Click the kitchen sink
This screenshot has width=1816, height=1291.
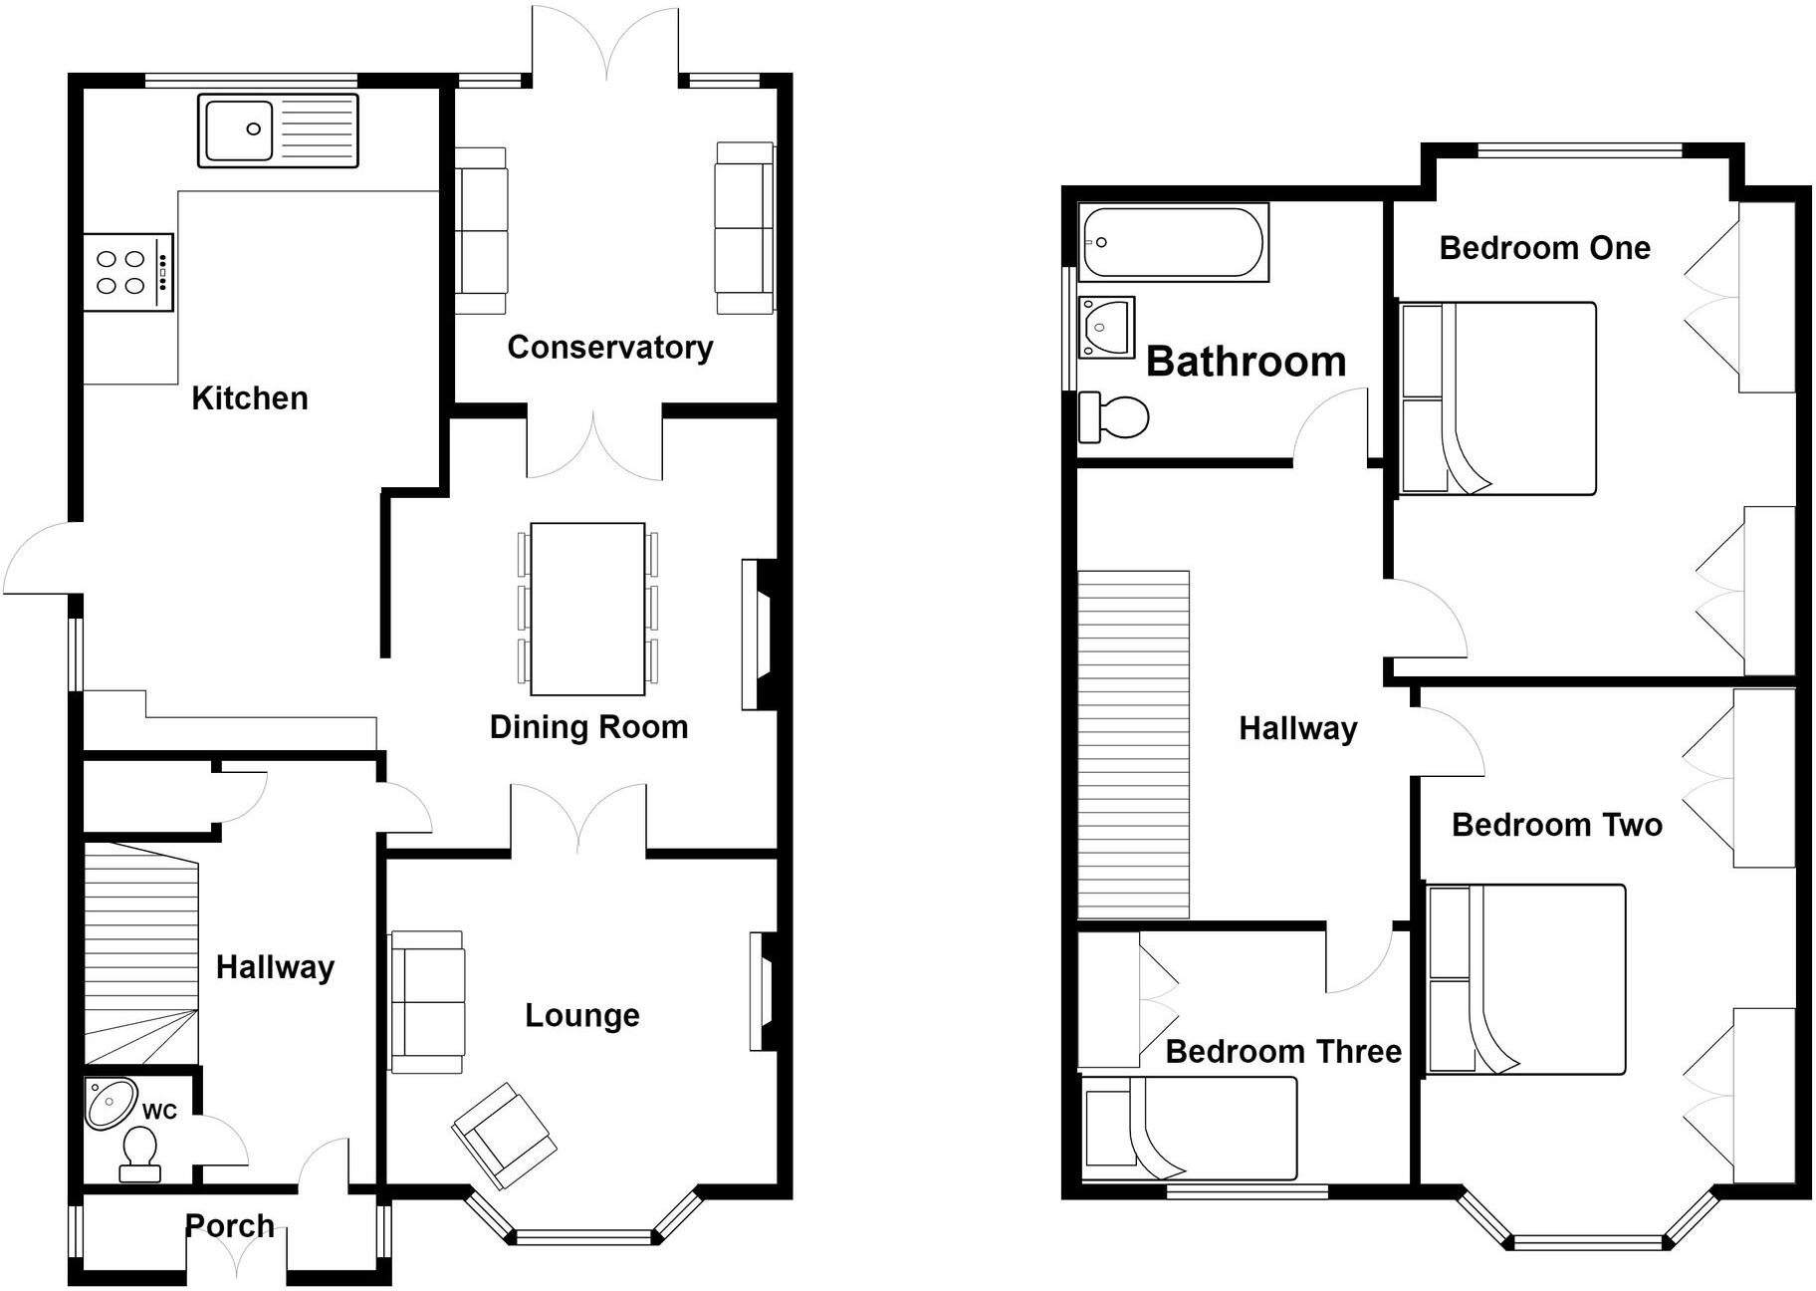point(277,129)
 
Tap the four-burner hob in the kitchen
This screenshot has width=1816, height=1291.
point(127,272)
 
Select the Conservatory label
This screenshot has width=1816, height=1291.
point(609,347)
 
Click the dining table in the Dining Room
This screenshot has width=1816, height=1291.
point(587,608)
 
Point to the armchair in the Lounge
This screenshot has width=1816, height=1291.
point(504,1136)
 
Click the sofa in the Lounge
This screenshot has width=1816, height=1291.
point(427,1001)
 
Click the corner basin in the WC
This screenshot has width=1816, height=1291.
point(109,1103)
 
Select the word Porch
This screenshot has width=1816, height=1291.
point(230,1225)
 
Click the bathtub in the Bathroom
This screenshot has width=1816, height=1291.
point(1173,242)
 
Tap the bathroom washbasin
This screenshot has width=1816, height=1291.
point(1106,326)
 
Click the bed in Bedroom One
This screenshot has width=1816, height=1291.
point(1498,398)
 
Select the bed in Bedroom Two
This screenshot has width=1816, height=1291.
point(1526,979)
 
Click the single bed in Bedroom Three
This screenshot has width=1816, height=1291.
point(1191,1128)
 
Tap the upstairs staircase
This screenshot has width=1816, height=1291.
point(1134,744)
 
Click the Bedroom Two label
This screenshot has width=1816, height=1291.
point(1556,825)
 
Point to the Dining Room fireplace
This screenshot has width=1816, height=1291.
point(761,635)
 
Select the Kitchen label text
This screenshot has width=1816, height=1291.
point(249,398)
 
